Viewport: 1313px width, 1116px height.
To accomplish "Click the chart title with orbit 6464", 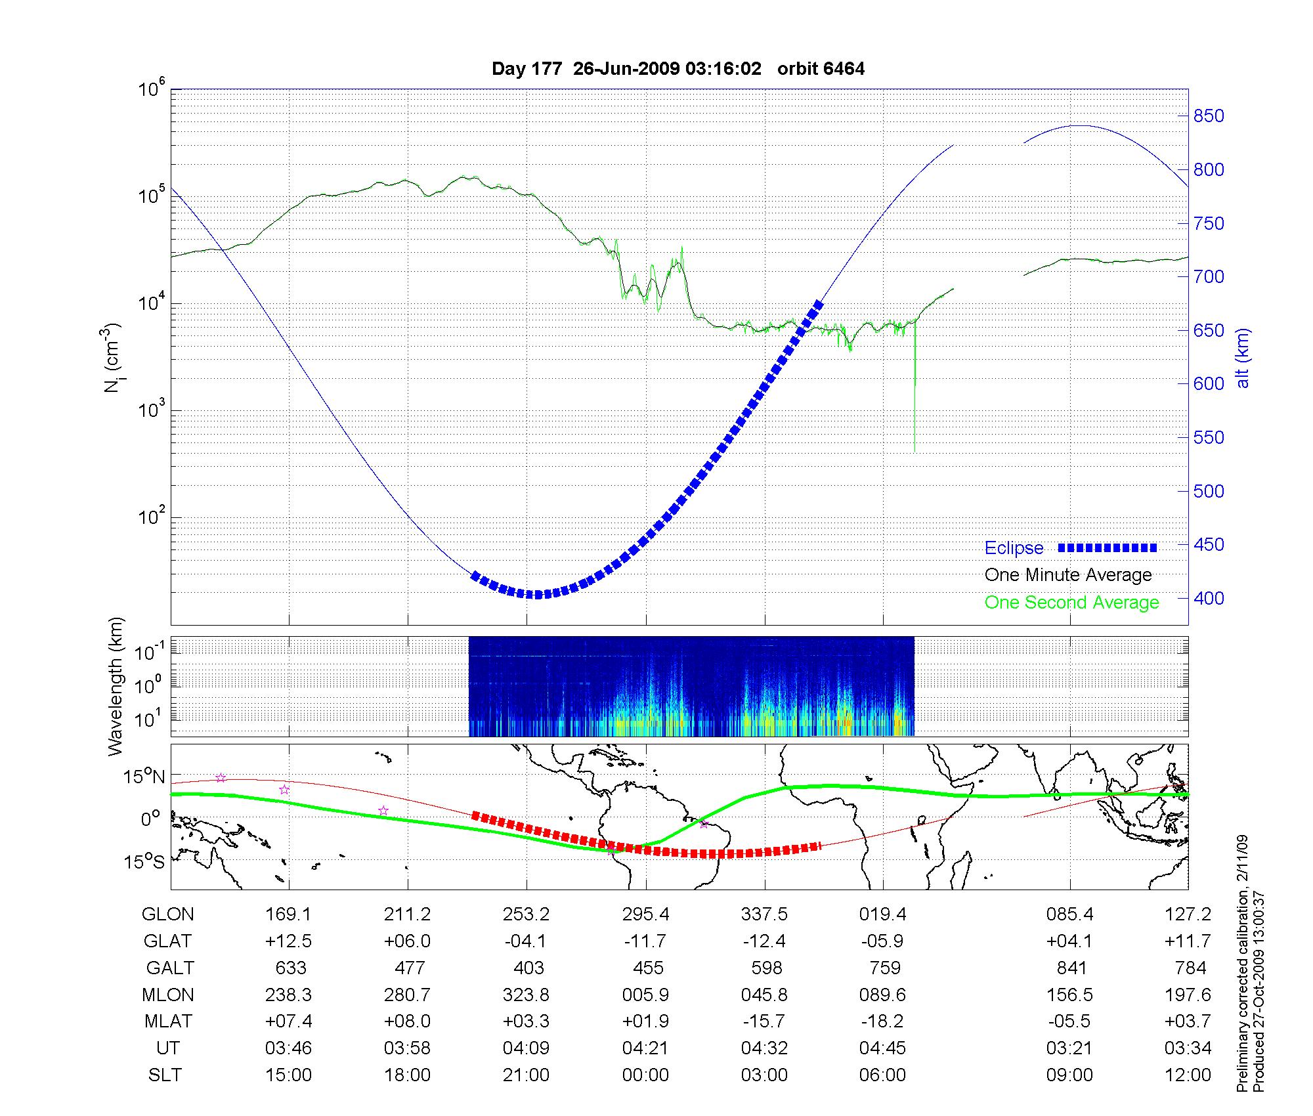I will [x=678, y=69].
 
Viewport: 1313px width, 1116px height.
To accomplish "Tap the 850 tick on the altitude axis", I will [x=1208, y=116].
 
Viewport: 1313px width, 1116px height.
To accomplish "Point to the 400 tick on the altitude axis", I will [x=1208, y=598].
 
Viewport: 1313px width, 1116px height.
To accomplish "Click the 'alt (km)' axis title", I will [x=1242, y=358].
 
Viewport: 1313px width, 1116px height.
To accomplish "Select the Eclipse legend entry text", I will [x=1014, y=548].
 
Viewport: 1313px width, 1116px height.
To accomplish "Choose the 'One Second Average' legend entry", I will [x=1071, y=603].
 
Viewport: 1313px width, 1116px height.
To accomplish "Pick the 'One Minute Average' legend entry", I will [x=1068, y=575].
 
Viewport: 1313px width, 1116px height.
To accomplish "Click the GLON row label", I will [x=168, y=914].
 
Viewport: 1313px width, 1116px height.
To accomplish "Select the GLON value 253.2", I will [x=526, y=914].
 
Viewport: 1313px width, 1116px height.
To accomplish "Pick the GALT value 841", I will [x=1071, y=968].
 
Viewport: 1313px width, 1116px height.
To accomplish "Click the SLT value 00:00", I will [x=645, y=1075].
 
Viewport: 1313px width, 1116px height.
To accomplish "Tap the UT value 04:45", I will [x=882, y=1048].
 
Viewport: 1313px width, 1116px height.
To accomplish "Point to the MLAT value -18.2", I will [x=882, y=1021].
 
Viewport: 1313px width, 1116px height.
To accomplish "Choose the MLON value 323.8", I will [x=526, y=995].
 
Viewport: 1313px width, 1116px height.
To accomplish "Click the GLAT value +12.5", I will [x=288, y=941].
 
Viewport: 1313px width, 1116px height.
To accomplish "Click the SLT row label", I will [x=165, y=1075].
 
